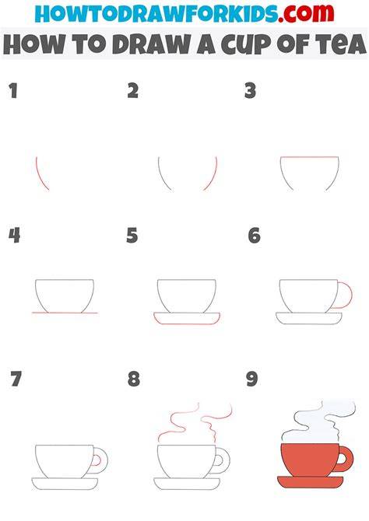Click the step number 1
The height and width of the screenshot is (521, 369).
[x=13, y=91]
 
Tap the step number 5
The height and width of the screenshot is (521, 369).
[x=132, y=236]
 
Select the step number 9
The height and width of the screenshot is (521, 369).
[x=252, y=379]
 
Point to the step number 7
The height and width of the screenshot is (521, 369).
[x=16, y=379]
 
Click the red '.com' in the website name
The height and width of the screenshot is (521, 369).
[x=306, y=13]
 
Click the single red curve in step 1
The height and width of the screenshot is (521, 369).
[x=40, y=174]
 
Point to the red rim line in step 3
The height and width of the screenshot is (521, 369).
[x=309, y=157]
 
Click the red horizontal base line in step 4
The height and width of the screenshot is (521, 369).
[x=65, y=313]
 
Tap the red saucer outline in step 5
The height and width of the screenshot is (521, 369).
[x=187, y=323]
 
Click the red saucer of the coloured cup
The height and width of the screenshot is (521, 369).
[x=310, y=482]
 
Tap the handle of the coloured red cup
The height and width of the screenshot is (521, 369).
[x=350, y=459]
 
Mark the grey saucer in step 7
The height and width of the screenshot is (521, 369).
[x=65, y=484]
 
